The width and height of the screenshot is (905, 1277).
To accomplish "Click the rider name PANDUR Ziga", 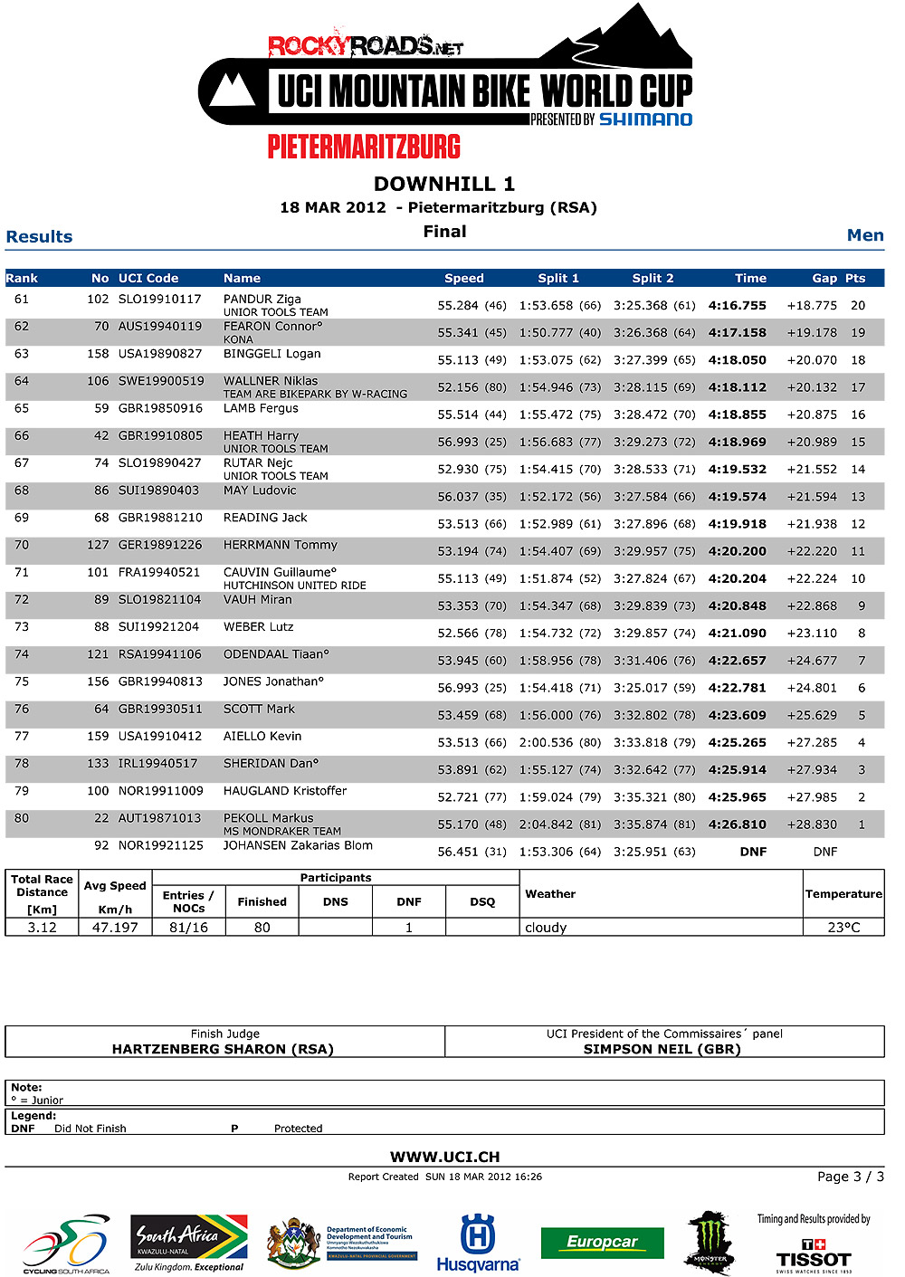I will click(x=262, y=299).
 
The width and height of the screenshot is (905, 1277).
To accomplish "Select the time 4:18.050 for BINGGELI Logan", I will click(x=737, y=360).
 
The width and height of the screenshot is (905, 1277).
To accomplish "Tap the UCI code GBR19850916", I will click(x=160, y=408).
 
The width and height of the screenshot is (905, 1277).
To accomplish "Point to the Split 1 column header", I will click(x=558, y=279).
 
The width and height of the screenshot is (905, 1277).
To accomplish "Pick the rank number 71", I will click(x=22, y=572).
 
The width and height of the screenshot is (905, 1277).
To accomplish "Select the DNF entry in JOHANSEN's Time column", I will click(x=753, y=852).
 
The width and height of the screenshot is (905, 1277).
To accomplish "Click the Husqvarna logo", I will click(x=478, y=1244).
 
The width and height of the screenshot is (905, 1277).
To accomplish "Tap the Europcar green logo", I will click(x=602, y=1243).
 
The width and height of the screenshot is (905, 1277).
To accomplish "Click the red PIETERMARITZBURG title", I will click(x=364, y=147).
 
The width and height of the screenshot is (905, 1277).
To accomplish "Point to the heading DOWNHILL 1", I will click(x=444, y=184).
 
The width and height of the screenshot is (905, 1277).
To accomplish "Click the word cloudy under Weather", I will click(x=546, y=928).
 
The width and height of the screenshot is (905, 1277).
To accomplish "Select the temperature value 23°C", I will click(x=843, y=928).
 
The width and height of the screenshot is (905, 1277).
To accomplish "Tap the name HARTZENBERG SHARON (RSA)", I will click(x=223, y=1049).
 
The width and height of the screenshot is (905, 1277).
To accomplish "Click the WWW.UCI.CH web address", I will click(x=444, y=1157).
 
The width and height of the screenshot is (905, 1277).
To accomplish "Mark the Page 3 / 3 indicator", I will click(x=850, y=1177).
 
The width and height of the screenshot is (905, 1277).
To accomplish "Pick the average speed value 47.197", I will click(x=115, y=928).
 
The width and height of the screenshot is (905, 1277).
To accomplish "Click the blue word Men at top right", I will click(x=864, y=235).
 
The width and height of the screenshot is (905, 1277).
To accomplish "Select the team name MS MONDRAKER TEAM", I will click(x=282, y=831).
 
